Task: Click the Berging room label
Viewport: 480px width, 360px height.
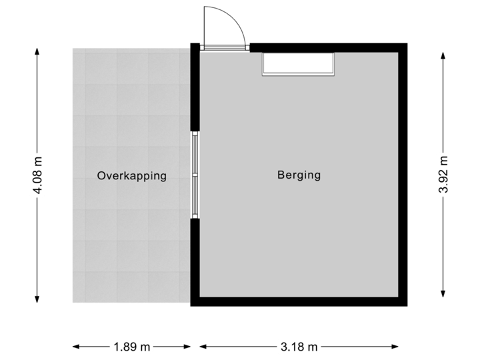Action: [299, 175]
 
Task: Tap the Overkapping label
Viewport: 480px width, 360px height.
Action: [131, 176]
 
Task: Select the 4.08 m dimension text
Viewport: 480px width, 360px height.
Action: [37, 175]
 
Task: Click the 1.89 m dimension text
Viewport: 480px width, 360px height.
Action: [131, 346]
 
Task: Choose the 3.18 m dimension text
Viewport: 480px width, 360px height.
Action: [299, 346]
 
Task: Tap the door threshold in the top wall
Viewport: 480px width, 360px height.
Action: [225, 47]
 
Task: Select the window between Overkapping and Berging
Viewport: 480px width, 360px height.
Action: [195, 175]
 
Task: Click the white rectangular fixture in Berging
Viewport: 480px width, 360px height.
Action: [298, 63]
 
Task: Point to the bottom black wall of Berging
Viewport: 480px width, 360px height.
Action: [299, 302]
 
